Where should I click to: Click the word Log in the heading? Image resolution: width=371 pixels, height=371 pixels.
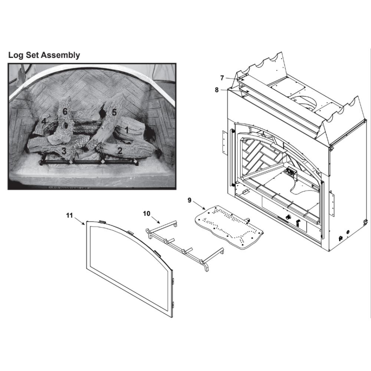[16, 56]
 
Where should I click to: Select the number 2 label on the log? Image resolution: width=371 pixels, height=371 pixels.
[120, 151]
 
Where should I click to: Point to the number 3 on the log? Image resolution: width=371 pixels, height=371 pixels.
[64, 151]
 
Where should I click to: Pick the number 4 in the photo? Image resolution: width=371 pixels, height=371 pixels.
[44, 122]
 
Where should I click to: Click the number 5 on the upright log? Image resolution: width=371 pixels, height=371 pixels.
[114, 112]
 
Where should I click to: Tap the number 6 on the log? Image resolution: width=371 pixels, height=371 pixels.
[65, 111]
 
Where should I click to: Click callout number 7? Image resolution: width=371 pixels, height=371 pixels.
[222, 78]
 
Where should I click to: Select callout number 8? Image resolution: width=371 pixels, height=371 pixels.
[217, 90]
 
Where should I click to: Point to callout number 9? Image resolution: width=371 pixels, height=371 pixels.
[189, 200]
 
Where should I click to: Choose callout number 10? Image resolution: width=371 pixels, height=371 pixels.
[147, 213]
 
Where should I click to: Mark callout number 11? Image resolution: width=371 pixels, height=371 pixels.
[69, 215]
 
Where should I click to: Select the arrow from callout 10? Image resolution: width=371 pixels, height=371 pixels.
[156, 220]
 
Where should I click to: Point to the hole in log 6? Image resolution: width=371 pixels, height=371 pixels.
[65, 125]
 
